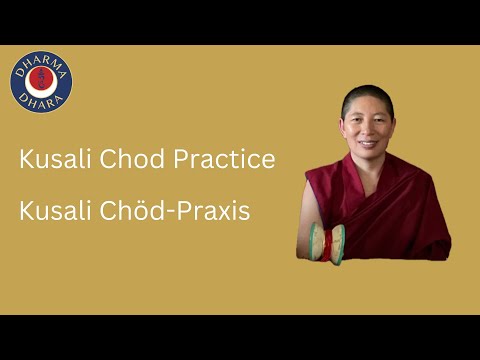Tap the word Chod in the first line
[x=124, y=160]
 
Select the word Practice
[x=222, y=160]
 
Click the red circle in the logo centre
[x=41, y=83]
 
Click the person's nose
[x=364, y=123]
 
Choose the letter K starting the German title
[x=25, y=213]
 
